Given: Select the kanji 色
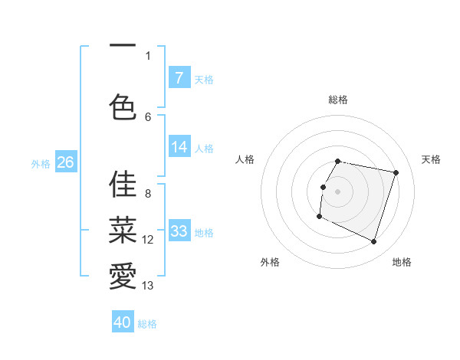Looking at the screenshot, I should coord(123,106).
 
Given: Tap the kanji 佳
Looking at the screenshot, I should coord(123,184).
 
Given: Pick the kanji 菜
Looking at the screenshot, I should coord(123,228).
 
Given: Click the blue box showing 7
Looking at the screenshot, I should coord(179,77).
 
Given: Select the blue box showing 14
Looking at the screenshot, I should coord(179,148).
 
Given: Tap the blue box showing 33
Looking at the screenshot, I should coord(179,231).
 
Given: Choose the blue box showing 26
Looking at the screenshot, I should coord(65,162).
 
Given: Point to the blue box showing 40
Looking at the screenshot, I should coord(123,322).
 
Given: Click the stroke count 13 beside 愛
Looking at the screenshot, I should coord(148,286).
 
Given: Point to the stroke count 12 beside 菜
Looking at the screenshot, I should coord(148,240).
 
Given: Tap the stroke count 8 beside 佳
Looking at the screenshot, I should coord(148,194).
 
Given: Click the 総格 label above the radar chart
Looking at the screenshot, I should coord(338,100).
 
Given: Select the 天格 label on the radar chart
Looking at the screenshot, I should coord(431,159).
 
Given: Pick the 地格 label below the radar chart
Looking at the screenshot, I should coord(402,262).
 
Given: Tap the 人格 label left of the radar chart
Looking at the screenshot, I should coord(245,159).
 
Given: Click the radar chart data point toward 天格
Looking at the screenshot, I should coord(396,173).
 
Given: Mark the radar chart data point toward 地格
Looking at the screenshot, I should coord(373,242).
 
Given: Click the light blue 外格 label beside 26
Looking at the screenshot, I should coord(40,163).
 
